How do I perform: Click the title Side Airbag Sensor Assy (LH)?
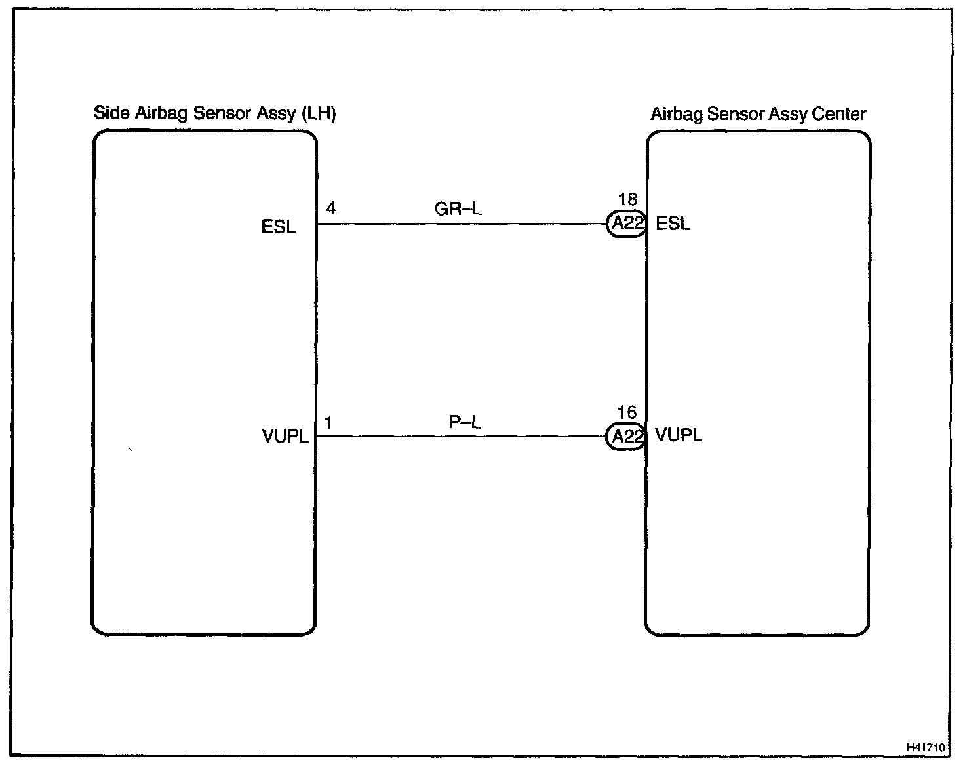click(214, 113)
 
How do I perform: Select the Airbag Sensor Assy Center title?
click(758, 114)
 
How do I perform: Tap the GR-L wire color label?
click(458, 209)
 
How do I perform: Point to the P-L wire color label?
click(464, 422)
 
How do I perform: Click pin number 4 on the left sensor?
click(331, 208)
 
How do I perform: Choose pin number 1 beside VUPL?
click(328, 423)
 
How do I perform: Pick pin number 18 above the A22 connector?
click(627, 200)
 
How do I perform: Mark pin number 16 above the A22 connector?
click(627, 412)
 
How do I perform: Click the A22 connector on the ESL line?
click(626, 224)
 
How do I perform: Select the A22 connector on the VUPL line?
click(626, 437)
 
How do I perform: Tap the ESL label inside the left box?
click(279, 227)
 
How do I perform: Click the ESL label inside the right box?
click(673, 224)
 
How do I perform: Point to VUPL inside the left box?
click(285, 437)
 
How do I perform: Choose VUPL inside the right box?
click(679, 435)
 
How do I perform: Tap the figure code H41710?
click(926, 747)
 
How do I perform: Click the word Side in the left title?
click(111, 113)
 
